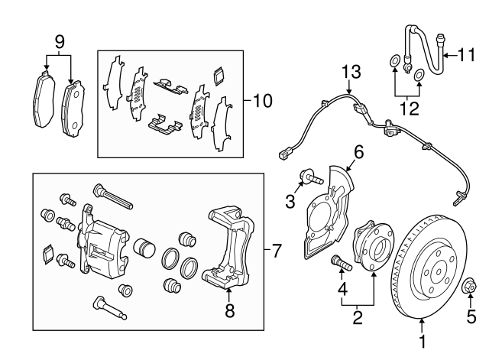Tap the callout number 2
click(356, 314)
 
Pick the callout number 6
click(358, 152)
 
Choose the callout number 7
click(277, 250)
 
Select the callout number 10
click(261, 100)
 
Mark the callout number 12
click(409, 108)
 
